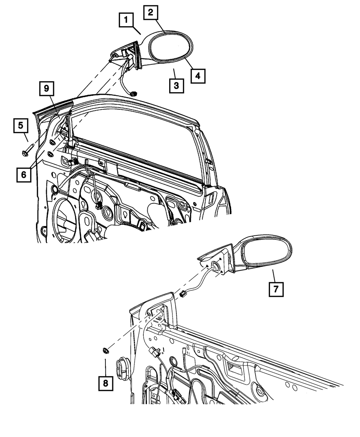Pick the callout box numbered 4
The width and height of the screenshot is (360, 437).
click(198, 76)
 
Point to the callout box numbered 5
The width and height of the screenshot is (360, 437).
click(21, 126)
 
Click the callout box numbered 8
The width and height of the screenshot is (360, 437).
click(105, 383)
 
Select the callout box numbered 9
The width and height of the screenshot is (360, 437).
click(46, 88)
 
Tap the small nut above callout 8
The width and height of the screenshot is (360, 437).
click(106, 350)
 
